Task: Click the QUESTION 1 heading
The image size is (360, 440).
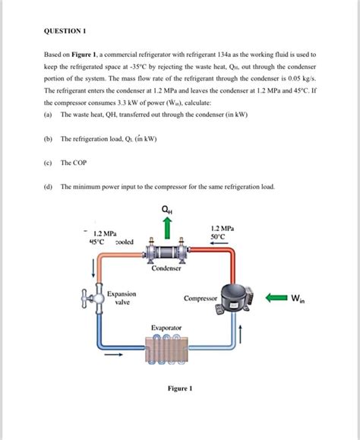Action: [65, 31]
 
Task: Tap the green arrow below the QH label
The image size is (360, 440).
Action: [167, 228]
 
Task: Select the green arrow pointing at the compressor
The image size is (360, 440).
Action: [276, 297]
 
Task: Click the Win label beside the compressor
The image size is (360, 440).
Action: [298, 299]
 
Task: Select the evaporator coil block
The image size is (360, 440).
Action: [167, 350]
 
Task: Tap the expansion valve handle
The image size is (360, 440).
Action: [87, 299]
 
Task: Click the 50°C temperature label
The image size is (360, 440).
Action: [217, 236]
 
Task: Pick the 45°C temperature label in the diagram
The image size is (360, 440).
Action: [96, 242]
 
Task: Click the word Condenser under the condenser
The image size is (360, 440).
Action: [166, 268]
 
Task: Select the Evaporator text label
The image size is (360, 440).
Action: [166, 328]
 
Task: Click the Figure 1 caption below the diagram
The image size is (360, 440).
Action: [180, 388]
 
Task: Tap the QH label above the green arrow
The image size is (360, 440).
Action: [167, 210]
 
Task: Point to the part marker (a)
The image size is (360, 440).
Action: [48, 115]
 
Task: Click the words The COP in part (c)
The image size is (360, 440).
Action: [74, 163]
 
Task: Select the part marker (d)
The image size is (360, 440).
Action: [48, 187]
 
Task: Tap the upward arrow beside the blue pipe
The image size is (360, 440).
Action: [240, 334]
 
